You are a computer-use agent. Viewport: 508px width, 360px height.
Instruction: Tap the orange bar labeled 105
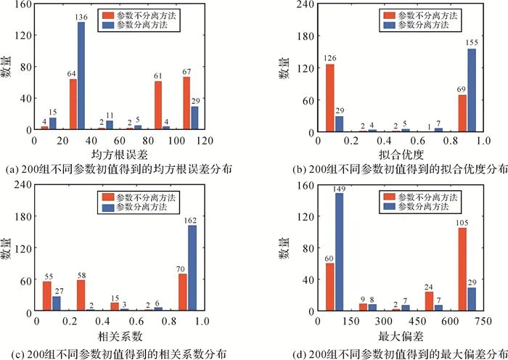tap(462, 269)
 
